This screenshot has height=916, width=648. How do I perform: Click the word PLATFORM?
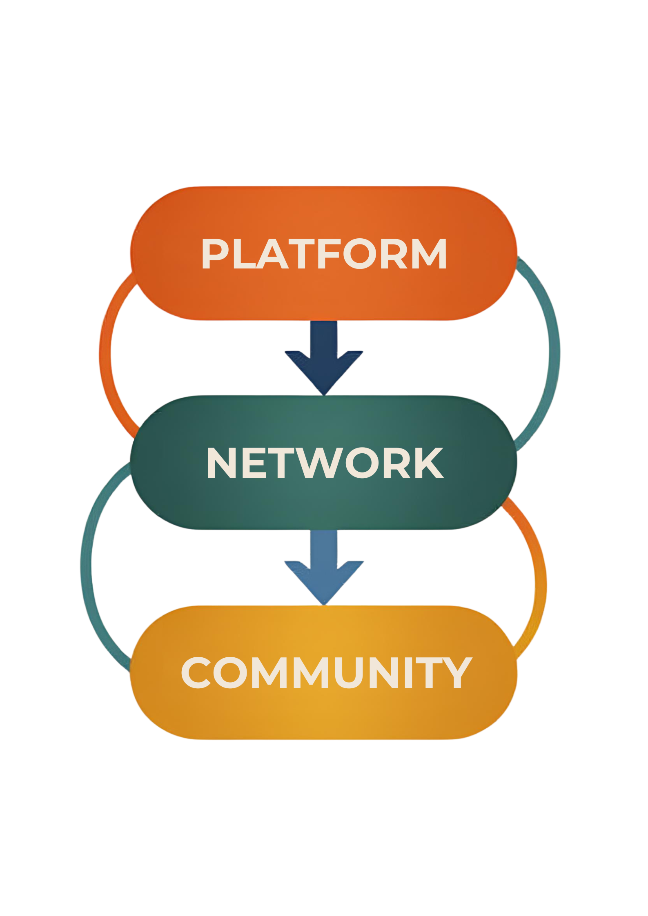pyautogui.click(x=324, y=254)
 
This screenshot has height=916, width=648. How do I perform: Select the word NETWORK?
pyautogui.click(x=325, y=463)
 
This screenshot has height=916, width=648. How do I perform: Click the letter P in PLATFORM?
pyautogui.click(x=216, y=254)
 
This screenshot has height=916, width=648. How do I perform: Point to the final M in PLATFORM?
pyautogui.click(x=428, y=254)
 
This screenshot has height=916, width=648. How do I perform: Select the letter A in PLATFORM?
pyautogui.click(x=270, y=254)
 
